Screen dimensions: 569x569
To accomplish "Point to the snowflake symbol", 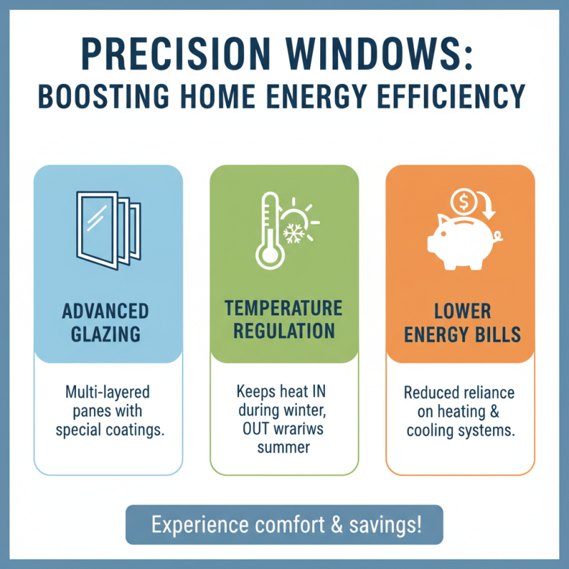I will pos(293,233).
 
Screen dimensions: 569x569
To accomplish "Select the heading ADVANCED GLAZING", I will pos(105,322).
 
